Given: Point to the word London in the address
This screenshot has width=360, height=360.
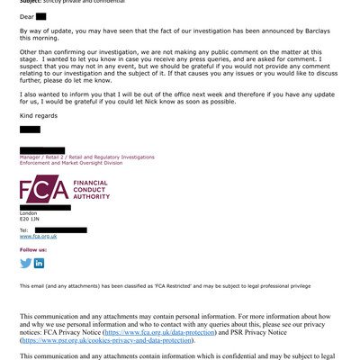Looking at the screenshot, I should click(29, 212).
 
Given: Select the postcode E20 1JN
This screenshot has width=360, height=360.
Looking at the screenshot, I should click(31, 219).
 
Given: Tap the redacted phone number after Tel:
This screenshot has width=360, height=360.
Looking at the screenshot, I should click(72, 230).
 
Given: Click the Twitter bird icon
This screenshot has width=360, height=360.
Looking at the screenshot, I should click(25, 263).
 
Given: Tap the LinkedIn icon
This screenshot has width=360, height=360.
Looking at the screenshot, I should click(39, 263).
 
